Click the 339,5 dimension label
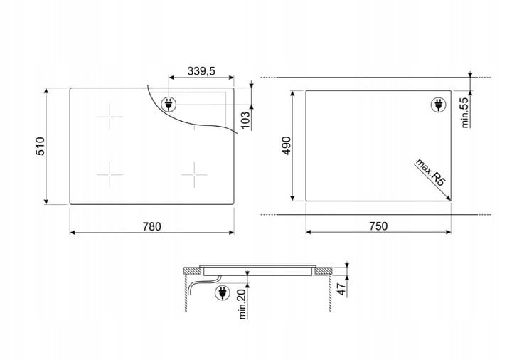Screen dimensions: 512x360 point(201,70)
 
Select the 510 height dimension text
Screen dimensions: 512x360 point(40,146)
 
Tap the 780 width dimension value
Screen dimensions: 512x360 point(152,226)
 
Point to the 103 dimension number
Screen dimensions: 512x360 point(245,120)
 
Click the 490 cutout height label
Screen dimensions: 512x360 point(287,146)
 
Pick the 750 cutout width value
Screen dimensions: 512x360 point(378,226)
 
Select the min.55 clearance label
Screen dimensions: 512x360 point(465,112)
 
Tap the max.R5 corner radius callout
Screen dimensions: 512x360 point(430,173)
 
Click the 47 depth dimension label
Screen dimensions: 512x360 point(341,289)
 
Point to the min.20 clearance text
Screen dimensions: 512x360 point(242,304)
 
